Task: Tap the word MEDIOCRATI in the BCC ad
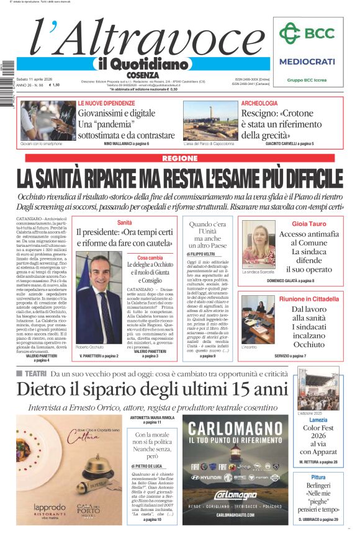pos(307,61)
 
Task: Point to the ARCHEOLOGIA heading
pos(259,103)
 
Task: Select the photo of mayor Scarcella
pos(258,244)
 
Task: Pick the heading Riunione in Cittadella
pos(309,299)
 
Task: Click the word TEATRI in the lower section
pos(35,373)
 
